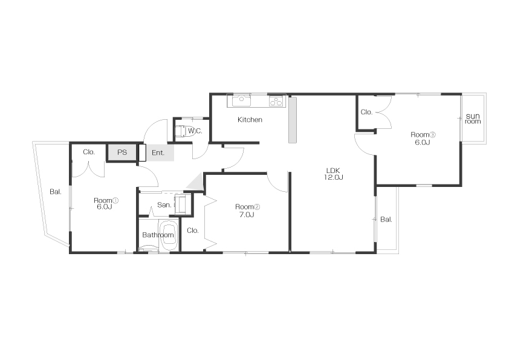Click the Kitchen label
250,120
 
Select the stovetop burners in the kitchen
276,102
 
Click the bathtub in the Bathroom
168,235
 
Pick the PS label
122,152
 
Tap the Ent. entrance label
158,152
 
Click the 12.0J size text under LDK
333,177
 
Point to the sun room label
473,119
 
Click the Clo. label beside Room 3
366,112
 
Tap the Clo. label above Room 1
89,152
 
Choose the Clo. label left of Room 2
193,231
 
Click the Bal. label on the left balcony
56,192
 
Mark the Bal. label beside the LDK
386,219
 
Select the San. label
164,205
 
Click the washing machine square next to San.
182,205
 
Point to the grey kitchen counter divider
293,120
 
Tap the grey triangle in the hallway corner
196,183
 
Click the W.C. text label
195,131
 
